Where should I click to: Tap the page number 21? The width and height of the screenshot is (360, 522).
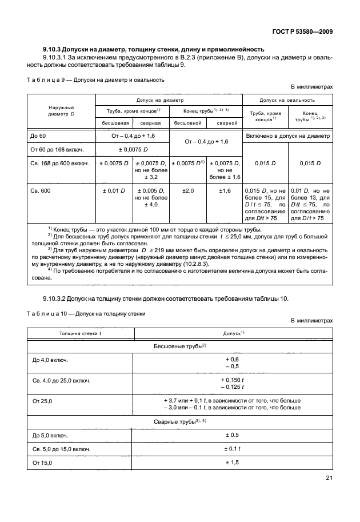click(328, 479)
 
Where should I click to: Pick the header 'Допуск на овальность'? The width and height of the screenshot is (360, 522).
click(287, 99)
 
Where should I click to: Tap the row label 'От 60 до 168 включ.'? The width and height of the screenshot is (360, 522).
click(58, 150)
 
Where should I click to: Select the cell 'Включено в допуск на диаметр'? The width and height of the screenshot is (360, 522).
click(287, 136)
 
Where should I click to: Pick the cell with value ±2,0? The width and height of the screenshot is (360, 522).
click(187, 190)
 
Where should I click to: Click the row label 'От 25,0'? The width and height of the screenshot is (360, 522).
click(42, 403)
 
